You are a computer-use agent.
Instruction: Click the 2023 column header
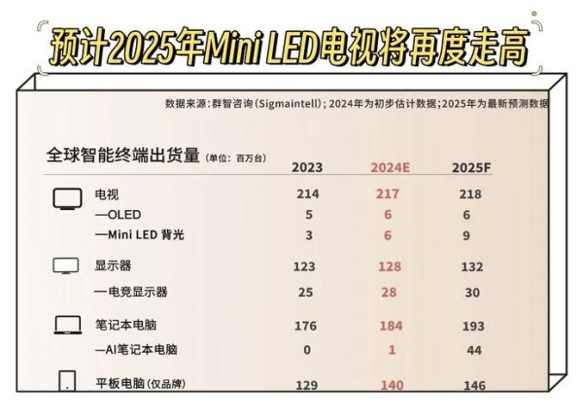308,166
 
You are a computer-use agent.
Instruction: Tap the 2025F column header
471,166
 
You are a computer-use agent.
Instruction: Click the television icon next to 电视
65,198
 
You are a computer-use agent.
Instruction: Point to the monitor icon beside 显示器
65,265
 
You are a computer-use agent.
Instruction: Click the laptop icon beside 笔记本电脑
65,324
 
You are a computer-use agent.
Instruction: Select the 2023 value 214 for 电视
308,194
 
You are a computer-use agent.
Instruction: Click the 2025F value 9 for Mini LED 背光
471,234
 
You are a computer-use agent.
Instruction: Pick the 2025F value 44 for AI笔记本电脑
471,349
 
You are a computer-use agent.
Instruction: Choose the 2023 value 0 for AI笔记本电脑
308,349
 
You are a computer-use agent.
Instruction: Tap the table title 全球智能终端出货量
122,155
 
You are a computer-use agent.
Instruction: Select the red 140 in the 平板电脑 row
390,386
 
